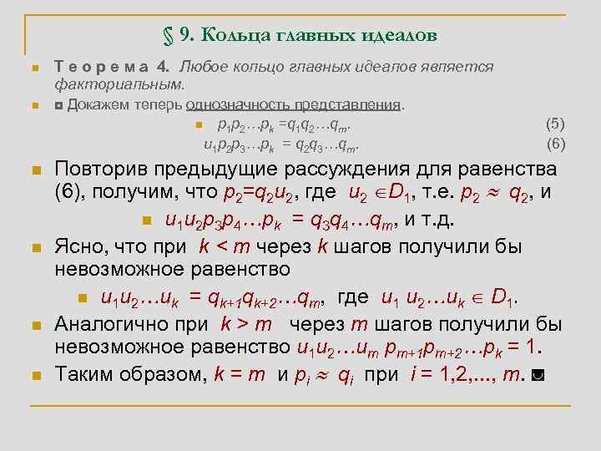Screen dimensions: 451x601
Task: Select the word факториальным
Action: coord(119,84)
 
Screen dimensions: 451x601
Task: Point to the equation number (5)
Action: coord(555,124)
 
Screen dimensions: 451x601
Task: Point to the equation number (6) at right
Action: coord(555,144)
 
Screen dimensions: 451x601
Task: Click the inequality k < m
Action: coord(220,246)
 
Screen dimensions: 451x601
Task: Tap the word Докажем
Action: coord(95,105)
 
